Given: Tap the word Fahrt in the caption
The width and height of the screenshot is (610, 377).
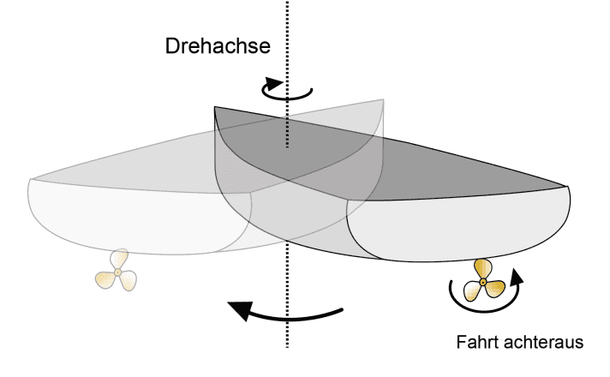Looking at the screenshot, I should pyautogui.click(x=474, y=343).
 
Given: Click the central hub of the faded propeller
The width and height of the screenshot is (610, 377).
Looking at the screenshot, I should pyautogui.click(x=118, y=272).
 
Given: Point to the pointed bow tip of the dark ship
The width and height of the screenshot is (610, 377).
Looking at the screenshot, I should pyautogui.click(x=566, y=186).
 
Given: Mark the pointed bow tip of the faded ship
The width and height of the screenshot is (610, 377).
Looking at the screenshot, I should pyautogui.click(x=30, y=178).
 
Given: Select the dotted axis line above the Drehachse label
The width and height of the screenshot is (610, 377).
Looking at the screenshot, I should pyautogui.click(x=288, y=17).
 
